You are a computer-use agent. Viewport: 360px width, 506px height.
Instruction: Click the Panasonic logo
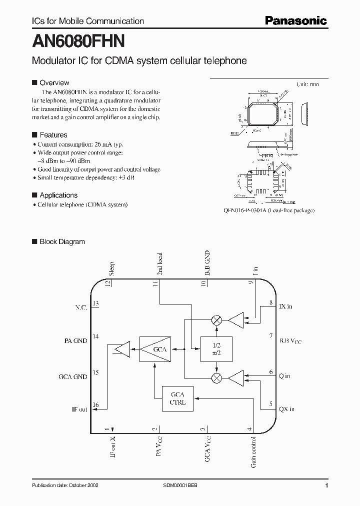pyautogui.click(x=295, y=20)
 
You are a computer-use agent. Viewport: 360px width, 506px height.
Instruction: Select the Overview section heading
pyautogui.click(x=54, y=82)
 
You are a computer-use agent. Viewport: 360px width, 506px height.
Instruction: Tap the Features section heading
pyautogui.click(x=53, y=135)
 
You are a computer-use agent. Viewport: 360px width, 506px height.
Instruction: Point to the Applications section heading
pyautogui.click(x=58, y=195)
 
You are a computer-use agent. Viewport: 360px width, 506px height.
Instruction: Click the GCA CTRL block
pyautogui.click(x=177, y=398)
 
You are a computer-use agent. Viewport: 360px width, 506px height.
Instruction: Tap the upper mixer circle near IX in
pyautogui.click(x=216, y=320)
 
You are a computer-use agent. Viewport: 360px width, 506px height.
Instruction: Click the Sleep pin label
pyautogui.click(x=112, y=268)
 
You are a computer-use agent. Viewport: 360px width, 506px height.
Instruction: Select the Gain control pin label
pyautogui.click(x=254, y=452)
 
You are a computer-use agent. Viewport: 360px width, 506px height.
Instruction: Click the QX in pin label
pyautogui.click(x=286, y=409)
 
